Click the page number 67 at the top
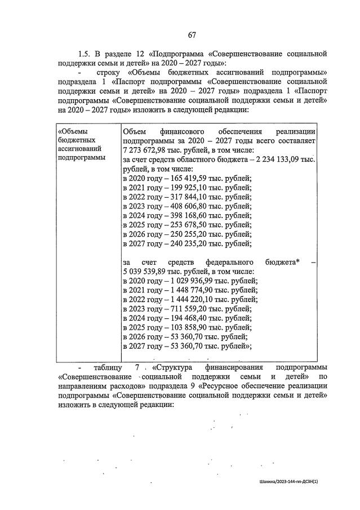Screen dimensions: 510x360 tap(192, 35)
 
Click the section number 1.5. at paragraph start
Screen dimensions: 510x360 tap(84, 54)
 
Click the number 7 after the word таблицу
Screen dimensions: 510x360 tap(137, 368)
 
